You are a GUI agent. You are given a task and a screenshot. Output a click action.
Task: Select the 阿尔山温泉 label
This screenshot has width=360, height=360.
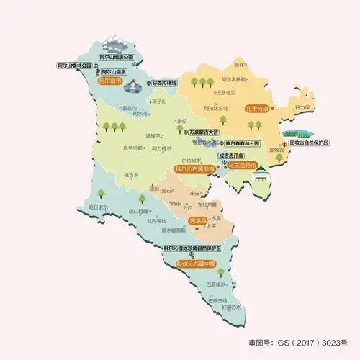coord(114,73)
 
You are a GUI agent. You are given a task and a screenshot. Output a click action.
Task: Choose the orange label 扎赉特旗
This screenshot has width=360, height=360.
coord(256,109)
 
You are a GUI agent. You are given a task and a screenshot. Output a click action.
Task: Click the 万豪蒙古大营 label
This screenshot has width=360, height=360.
coord(204,132)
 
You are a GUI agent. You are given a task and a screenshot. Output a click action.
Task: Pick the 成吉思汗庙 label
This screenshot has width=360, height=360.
coord(231,155)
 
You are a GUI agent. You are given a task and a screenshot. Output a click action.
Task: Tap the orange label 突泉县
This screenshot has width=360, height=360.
coord(197,220)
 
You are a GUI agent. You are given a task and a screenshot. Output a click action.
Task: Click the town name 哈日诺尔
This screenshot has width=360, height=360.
coord(96,207)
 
